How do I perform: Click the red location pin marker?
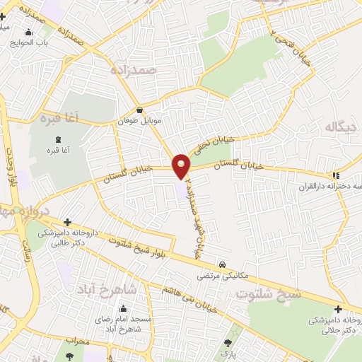tap(182, 166)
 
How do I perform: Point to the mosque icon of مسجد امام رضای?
tap(124, 308)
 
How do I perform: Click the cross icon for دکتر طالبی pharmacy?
tap(67, 222)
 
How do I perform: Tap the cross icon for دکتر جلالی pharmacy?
tap(339, 309)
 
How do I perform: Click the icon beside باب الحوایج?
tap(29, 32)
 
